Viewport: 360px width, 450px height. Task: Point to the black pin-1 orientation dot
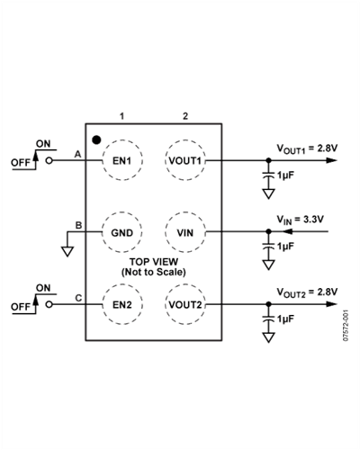click(96, 139)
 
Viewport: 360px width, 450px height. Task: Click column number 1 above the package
click(121, 116)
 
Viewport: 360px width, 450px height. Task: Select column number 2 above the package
click(185, 116)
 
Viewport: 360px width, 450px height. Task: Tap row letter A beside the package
click(77, 154)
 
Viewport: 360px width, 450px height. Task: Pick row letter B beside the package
click(78, 225)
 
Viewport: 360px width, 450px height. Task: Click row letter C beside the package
click(78, 298)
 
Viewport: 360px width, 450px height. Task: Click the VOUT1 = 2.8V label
click(307, 148)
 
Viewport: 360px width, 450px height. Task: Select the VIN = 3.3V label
click(300, 220)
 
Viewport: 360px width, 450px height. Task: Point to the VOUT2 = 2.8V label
click(307, 292)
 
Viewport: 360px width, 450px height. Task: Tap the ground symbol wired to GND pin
click(67, 251)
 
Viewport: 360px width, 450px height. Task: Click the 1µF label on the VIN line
click(284, 247)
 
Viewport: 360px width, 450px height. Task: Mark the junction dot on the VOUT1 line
click(268, 160)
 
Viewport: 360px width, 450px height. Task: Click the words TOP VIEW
click(154, 262)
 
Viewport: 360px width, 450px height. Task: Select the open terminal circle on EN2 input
click(49, 304)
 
